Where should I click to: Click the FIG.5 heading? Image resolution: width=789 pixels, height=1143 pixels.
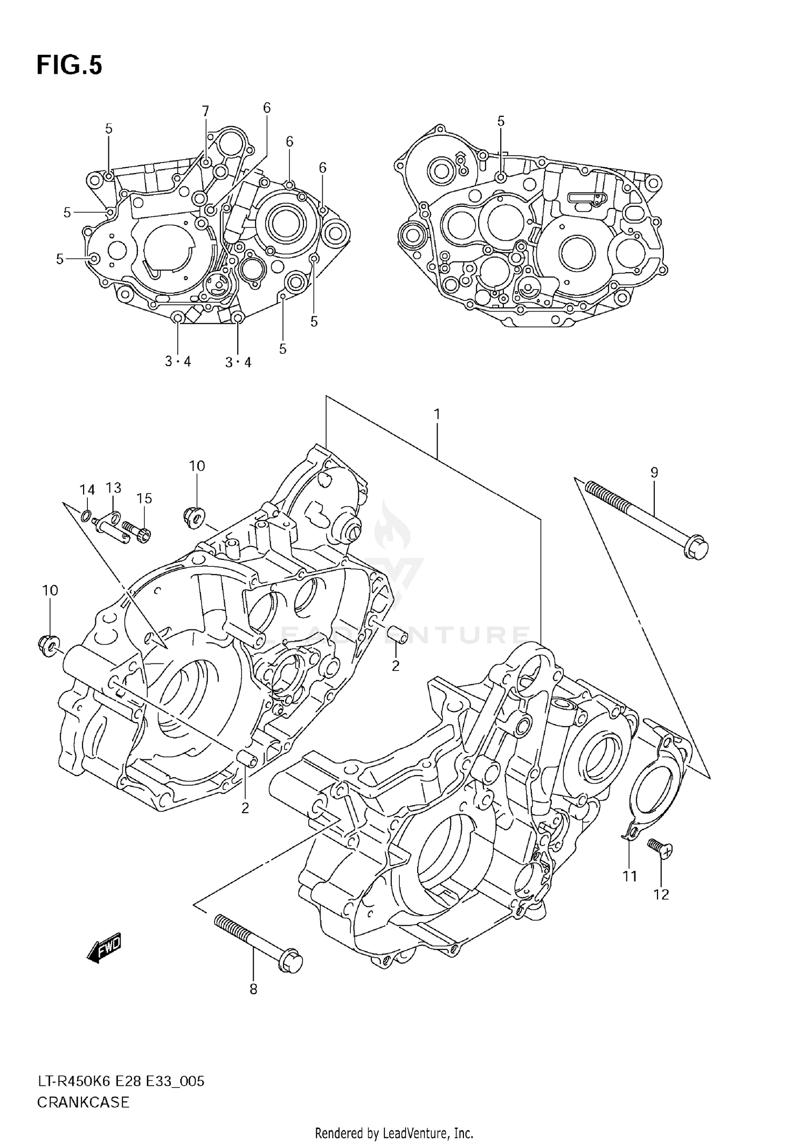(x=69, y=66)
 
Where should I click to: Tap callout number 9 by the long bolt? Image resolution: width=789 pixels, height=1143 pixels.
(x=654, y=473)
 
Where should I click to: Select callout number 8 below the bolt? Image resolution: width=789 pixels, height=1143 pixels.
(x=253, y=989)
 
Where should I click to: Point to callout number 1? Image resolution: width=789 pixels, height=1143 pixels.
(x=437, y=415)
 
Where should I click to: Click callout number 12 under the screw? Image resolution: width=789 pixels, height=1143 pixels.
(x=661, y=894)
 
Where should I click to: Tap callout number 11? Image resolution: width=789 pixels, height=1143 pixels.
(x=630, y=876)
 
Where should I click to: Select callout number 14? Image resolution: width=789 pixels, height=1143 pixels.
(x=87, y=490)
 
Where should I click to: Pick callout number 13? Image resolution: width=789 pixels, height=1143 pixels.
(x=114, y=488)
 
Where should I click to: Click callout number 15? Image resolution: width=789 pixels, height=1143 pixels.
(x=144, y=498)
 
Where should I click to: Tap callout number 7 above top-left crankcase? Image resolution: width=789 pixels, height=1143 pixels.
(x=205, y=111)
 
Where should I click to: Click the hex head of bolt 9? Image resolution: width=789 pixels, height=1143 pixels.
(x=696, y=549)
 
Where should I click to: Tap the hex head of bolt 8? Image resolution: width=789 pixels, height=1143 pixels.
(x=292, y=961)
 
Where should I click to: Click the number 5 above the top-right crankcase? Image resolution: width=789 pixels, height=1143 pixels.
(x=501, y=122)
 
